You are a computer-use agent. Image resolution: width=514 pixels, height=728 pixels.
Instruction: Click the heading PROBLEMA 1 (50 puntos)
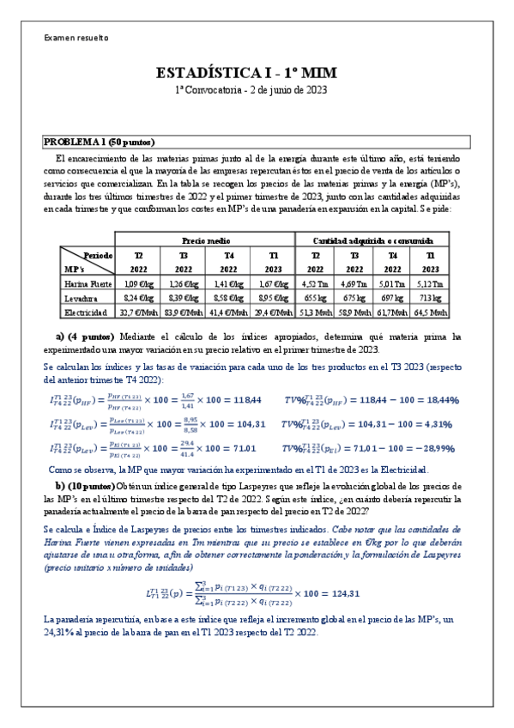100,142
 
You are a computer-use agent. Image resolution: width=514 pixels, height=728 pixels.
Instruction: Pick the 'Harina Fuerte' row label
87,283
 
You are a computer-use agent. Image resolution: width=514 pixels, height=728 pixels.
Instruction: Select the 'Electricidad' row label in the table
87,312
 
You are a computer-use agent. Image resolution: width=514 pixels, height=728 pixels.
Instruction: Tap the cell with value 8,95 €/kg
273,298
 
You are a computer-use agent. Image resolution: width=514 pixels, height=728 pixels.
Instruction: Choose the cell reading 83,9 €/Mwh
183,312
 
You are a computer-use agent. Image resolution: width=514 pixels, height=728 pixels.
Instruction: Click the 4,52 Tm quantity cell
316,283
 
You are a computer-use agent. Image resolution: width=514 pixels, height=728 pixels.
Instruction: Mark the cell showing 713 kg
430,298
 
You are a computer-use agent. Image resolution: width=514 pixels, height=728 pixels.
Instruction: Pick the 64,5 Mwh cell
430,312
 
